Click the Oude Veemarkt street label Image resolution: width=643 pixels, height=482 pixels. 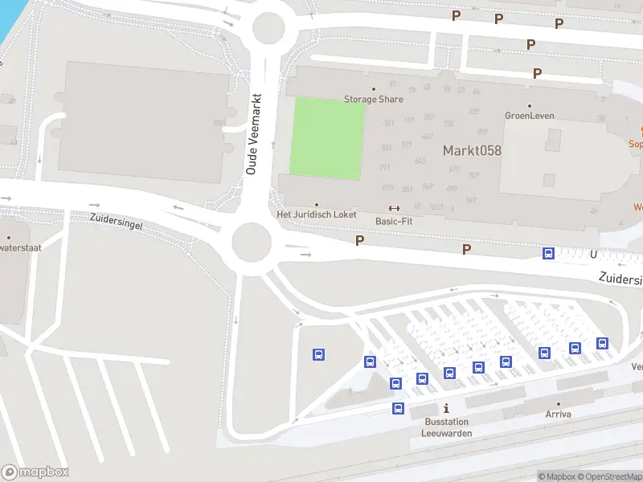tap(252, 134)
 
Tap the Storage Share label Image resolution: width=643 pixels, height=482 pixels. tap(374, 99)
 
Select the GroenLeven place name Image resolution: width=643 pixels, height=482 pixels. tap(529, 116)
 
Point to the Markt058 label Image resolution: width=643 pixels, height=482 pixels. tap(473, 150)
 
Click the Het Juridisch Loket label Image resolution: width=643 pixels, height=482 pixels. tap(316, 214)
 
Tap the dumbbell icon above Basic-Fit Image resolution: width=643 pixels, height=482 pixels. tap(394, 209)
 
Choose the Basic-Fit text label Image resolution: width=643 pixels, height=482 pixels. tap(394, 220)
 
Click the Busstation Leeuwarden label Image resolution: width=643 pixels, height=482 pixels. tap(447, 427)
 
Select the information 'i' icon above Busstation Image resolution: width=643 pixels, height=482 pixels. tap(446, 409)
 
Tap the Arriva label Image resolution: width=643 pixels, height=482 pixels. tap(558, 414)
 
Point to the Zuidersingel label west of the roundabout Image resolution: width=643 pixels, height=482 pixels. tap(117, 222)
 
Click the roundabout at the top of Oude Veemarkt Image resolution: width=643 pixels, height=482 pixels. tap(268, 29)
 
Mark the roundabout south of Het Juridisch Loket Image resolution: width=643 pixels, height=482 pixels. tap(251, 239)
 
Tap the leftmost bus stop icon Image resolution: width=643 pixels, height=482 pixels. tap(319, 354)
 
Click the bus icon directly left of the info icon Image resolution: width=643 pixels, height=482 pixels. tap(398, 408)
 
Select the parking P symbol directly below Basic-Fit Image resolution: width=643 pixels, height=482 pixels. tap(359, 240)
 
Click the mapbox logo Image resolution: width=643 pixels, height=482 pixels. tap(35, 472)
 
